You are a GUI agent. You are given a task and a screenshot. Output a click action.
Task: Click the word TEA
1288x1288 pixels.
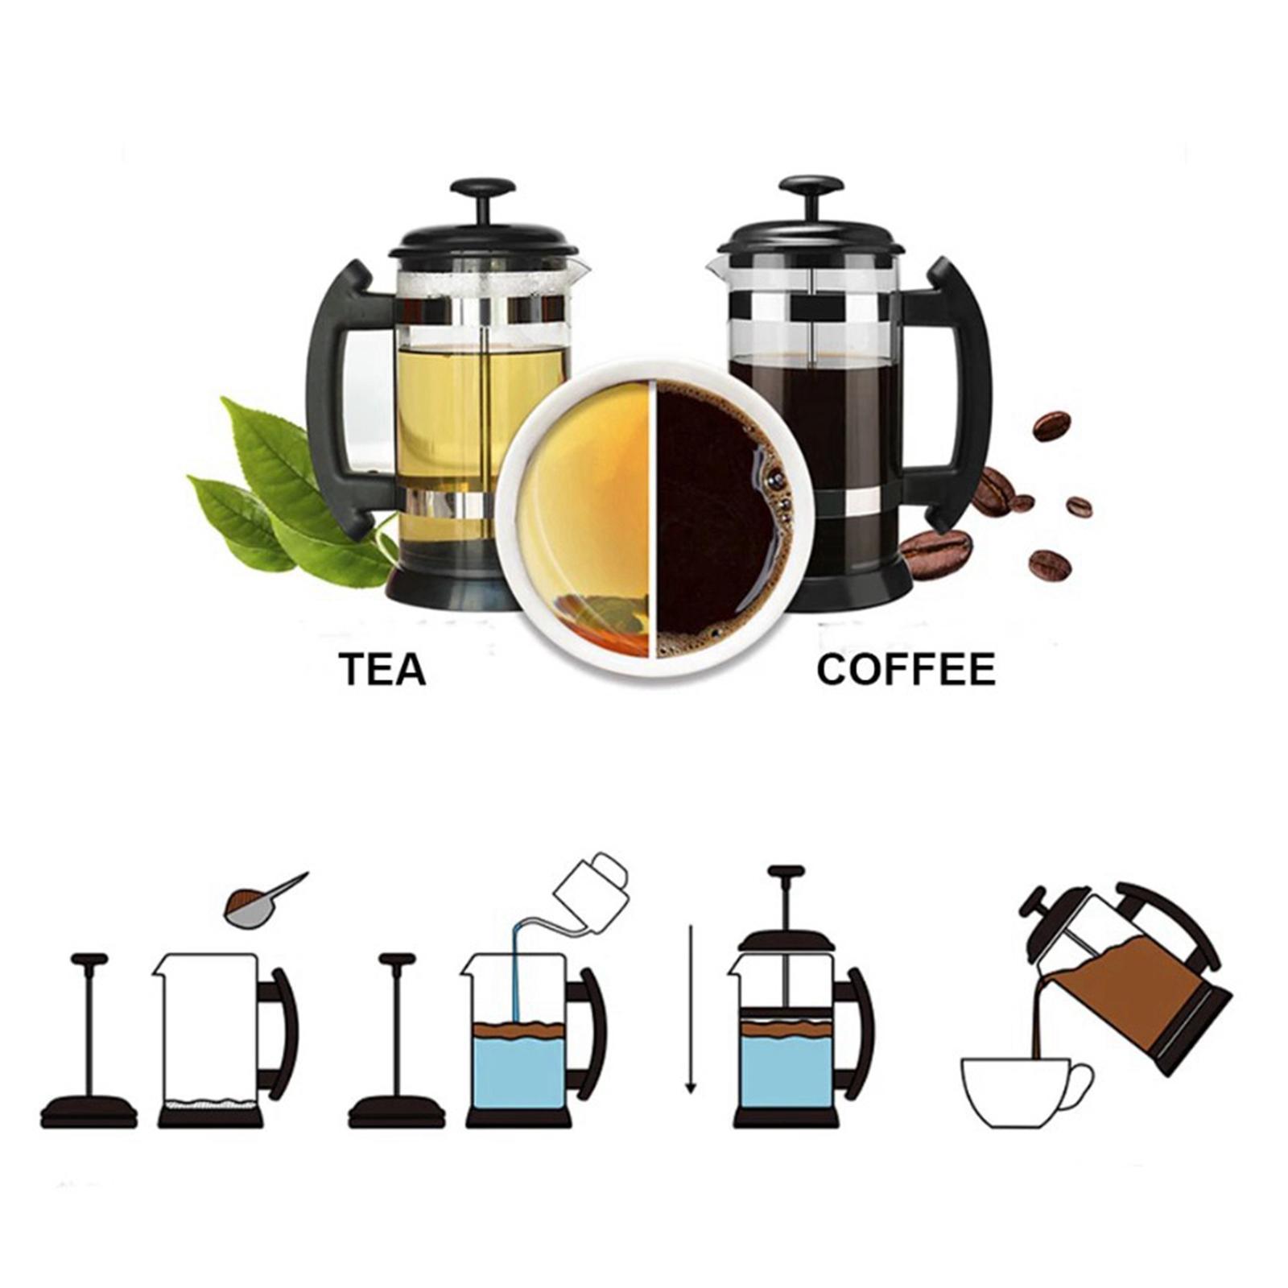[382, 670]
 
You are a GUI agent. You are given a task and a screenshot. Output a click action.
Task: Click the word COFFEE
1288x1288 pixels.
[906, 670]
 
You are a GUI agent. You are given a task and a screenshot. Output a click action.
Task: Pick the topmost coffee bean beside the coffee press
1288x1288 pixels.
[1051, 426]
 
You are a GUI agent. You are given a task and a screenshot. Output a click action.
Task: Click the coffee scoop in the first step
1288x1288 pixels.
[258, 906]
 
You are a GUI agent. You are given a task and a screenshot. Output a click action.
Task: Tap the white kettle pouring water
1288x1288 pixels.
[592, 885]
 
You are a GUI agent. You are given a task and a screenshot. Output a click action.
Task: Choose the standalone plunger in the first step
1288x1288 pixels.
[89, 1046]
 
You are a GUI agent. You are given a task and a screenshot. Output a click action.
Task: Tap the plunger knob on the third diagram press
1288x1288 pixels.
[786, 873]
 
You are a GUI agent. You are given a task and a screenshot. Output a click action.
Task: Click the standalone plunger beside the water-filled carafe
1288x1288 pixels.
[396, 1046]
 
